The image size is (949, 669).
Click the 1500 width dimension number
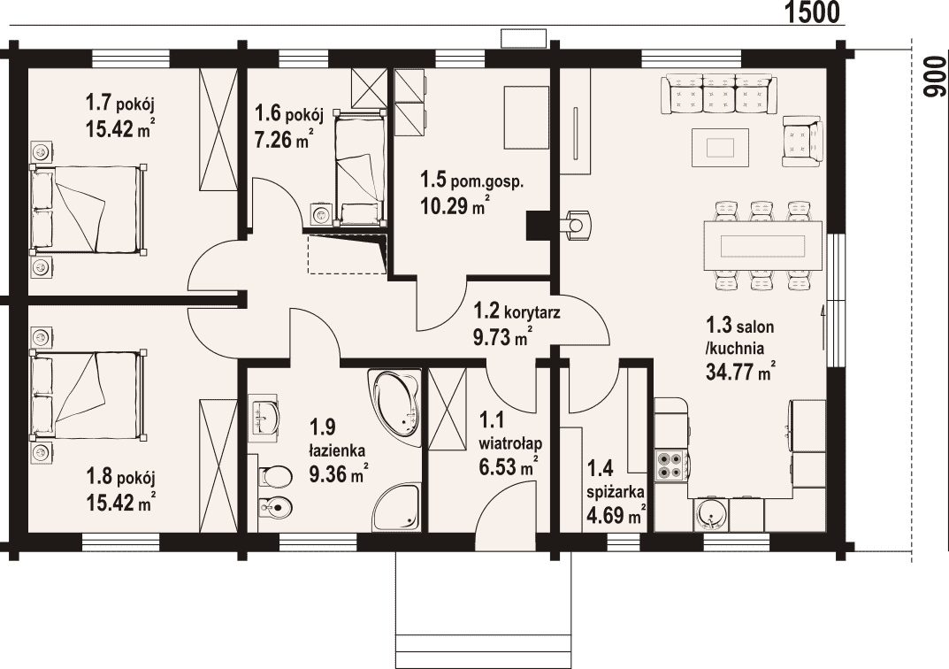[812, 12]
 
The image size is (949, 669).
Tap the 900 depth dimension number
[935, 78]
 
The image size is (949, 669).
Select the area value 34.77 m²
[741, 371]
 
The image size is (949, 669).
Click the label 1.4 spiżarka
[615, 480]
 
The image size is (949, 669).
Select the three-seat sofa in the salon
[719, 94]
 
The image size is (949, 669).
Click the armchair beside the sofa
[802, 141]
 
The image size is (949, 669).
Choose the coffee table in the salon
[720, 147]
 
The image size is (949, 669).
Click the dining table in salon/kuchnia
[762, 246]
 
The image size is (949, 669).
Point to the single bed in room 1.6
[359, 168]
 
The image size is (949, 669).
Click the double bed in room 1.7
[88, 208]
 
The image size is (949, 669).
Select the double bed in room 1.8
[88, 394]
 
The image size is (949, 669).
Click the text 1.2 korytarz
[517, 312]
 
